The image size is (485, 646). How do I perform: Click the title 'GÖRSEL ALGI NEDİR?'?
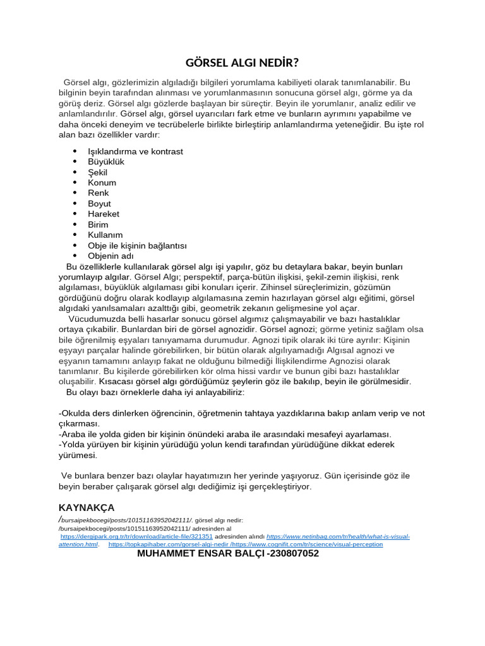242,62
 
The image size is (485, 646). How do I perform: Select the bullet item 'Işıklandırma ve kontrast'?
135,151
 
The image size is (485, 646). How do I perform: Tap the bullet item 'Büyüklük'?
106,161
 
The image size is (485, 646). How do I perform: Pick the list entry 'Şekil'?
98,172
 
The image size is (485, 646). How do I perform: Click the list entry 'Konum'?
102,182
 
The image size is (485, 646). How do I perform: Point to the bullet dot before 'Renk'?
75,193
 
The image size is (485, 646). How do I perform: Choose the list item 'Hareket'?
104,214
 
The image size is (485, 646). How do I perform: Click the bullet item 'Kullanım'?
105,235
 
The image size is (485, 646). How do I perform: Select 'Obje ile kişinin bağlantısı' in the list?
137,245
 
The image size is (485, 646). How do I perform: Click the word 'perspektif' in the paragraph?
205,277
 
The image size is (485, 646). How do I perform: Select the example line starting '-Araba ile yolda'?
225,434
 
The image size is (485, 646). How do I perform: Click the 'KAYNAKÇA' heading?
87,507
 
